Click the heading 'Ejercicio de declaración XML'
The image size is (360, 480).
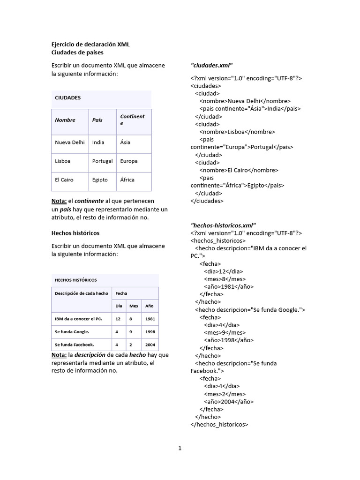[x=90, y=44]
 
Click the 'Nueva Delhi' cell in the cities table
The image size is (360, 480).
[x=70, y=142]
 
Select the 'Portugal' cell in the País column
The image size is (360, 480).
[x=102, y=161]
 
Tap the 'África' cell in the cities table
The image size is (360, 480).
[x=127, y=180]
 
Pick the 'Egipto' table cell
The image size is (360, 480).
[x=100, y=180]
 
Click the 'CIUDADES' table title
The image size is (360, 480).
[x=68, y=98]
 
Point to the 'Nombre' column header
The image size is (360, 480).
[x=65, y=120]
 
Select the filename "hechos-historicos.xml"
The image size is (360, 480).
[x=223, y=225]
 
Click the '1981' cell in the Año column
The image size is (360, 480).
[x=150, y=319]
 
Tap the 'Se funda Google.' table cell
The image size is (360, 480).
[x=72, y=332]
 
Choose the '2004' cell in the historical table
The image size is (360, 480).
[x=150, y=345]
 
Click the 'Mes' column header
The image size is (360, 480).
[x=134, y=306]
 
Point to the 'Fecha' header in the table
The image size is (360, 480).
[x=121, y=293]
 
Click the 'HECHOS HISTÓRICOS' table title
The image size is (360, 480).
[x=76, y=280]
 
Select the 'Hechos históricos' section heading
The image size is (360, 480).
[x=75, y=233]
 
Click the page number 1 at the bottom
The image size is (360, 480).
[x=180, y=448]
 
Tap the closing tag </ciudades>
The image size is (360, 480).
[x=207, y=201]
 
